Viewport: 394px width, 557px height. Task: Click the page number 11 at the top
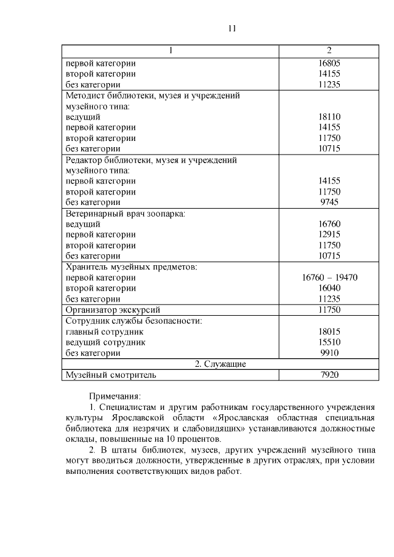(x=231, y=28)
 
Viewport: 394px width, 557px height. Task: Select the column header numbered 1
(x=171, y=50)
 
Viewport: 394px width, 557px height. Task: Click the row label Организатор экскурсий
(x=113, y=310)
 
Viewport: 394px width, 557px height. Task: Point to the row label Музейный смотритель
(x=111, y=374)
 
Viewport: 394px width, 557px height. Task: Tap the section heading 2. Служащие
(x=220, y=364)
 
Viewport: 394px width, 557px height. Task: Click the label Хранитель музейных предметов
(x=131, y=266)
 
